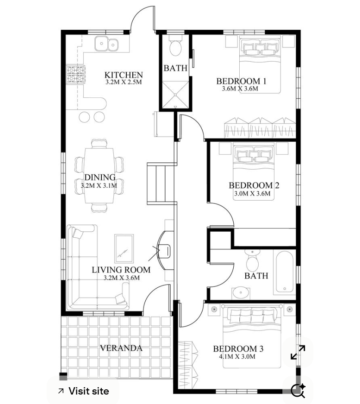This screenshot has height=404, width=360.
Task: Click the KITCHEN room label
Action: coord(124,75)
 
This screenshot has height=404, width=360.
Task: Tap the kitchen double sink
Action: coord(106,44)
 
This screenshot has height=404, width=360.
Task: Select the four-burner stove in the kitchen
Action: coord(76,75)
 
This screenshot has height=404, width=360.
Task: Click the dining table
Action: coord(99,175)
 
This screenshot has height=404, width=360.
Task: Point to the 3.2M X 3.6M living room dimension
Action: coord(122,278)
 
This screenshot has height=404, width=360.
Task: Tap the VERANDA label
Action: coord(121,348)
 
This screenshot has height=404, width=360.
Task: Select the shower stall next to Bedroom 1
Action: coord(175,95)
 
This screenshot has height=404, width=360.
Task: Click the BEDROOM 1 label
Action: coord(241,81)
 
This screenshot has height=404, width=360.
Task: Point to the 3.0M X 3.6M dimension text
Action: coord(252,193)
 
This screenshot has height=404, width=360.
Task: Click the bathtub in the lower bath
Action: coord(285,272)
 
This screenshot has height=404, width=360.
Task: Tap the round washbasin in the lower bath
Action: coord(241,293)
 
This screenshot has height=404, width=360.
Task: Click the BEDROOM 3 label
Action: coord(238,349)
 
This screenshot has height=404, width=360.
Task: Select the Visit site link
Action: coord(83,391)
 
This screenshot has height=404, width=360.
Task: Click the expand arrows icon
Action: coord(298,352)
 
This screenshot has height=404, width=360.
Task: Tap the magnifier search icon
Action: coord(298,390)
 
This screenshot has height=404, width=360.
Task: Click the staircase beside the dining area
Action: coord(162,184)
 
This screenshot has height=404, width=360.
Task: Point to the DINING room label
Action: coord(100,177)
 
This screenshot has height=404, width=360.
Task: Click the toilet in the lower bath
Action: coord(252,261)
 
